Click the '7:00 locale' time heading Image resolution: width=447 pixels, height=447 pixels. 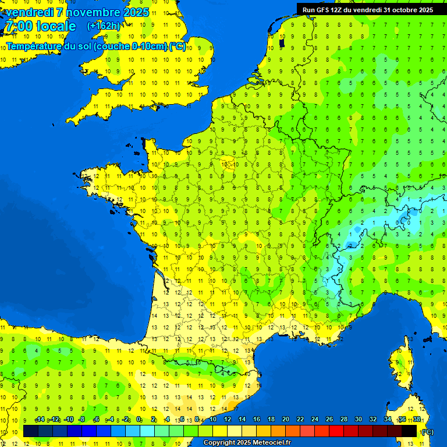click(x=40, y=26)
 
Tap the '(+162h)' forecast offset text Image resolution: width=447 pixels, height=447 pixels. click(x=104, y=26)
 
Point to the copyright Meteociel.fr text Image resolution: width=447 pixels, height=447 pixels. click(x=247, y=443)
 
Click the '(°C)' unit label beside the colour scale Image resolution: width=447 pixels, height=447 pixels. click(x=427, y=431)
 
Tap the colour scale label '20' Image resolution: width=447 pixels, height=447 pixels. click(x=285, y=420)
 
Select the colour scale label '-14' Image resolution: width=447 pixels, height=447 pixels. click(x=40, y=420)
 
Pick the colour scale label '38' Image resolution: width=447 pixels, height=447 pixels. click(x=416, y=420)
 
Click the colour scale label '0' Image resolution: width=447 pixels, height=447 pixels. click(x=139, y=420)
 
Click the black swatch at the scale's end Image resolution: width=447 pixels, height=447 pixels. click(x=409, y=431)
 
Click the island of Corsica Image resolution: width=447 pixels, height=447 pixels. click(x=399, y=367)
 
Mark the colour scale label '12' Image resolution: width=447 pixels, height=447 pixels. click(x=227, y=420)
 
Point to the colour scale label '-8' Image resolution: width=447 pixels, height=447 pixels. click(x=81, y=420)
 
